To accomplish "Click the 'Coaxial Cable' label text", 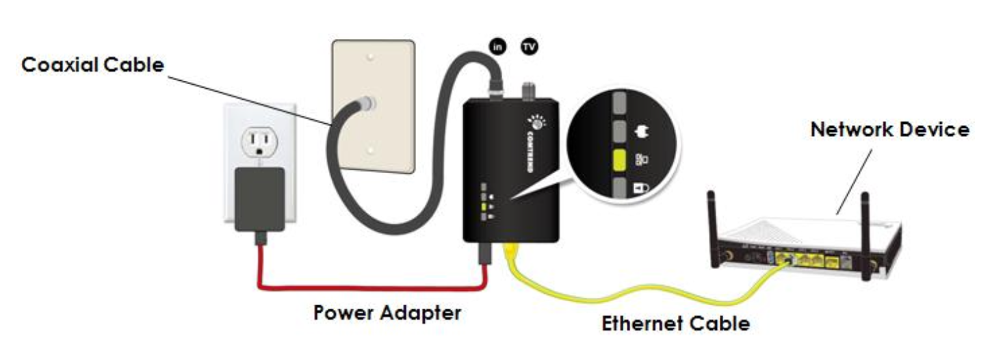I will click(93, 66).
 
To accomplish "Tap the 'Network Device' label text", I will click(889, 129).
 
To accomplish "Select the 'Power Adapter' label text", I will click(387, 313).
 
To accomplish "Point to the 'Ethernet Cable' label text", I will click(675, 323).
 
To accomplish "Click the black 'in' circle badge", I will click(497, 46).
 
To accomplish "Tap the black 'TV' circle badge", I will click(530, 46).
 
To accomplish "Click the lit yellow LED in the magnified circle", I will click(620, 161).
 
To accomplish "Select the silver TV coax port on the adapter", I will click(528, 90).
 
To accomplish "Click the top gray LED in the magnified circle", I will click(620, 101).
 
